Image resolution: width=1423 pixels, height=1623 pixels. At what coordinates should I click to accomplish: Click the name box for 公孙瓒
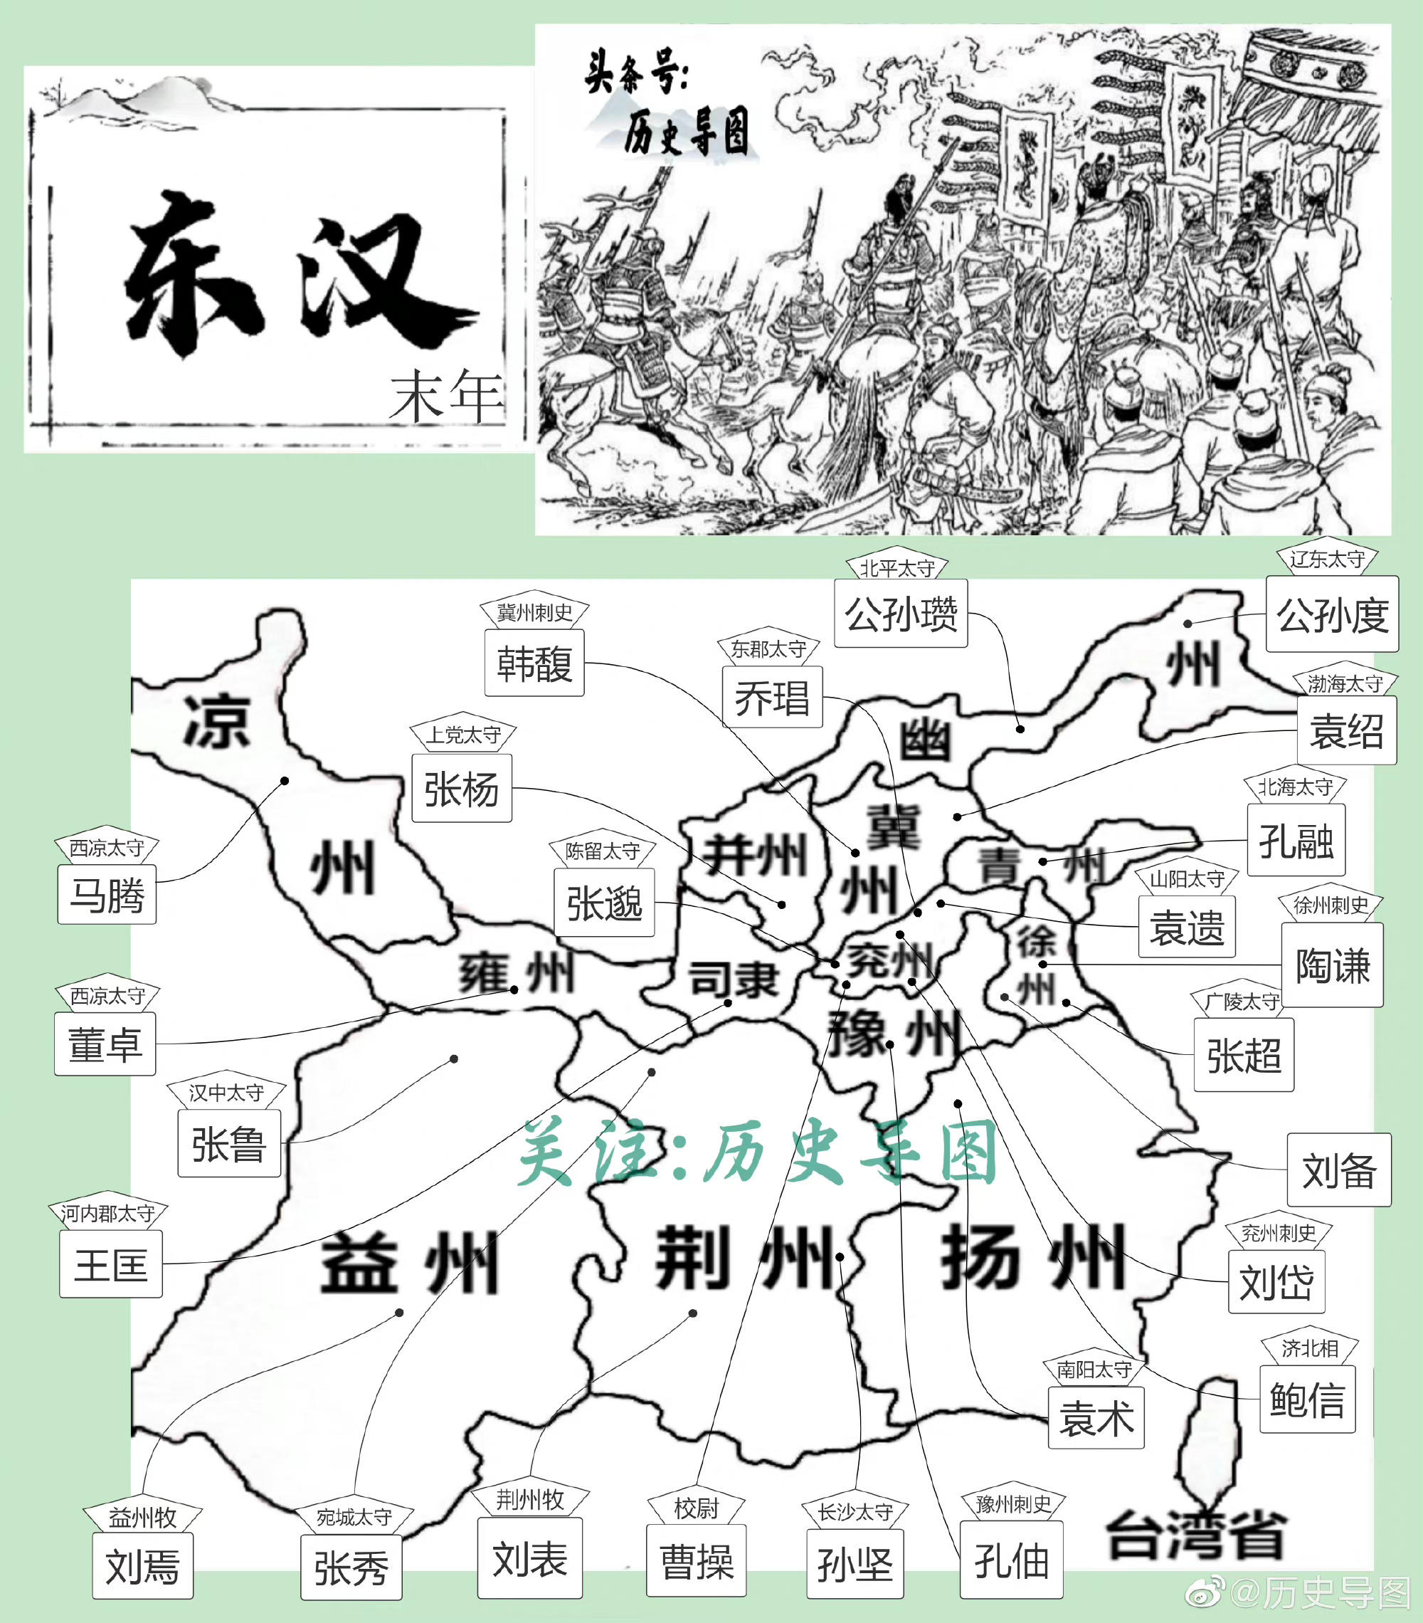(901, 614)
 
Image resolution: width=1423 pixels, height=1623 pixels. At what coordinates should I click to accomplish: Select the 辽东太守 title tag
(1327, 560)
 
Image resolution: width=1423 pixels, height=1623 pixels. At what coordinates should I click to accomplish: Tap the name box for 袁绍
(1346, 730)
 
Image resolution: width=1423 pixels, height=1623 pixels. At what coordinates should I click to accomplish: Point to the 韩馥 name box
(534, 663)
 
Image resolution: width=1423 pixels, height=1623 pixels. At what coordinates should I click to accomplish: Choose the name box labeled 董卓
(105, 1044)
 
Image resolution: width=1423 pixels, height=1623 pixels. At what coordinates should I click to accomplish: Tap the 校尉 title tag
(696, 1508)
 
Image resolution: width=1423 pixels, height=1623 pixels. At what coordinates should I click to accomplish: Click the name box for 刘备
(1339, 1170)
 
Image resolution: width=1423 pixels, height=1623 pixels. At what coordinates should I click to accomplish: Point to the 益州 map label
(408, 1263)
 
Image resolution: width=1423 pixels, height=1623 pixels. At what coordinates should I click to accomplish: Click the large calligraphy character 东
(194, 274)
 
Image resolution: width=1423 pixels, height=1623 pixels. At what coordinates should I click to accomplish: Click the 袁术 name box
(1096, 1418)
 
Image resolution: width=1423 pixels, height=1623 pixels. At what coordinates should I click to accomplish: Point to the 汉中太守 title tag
(226, 1093)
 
